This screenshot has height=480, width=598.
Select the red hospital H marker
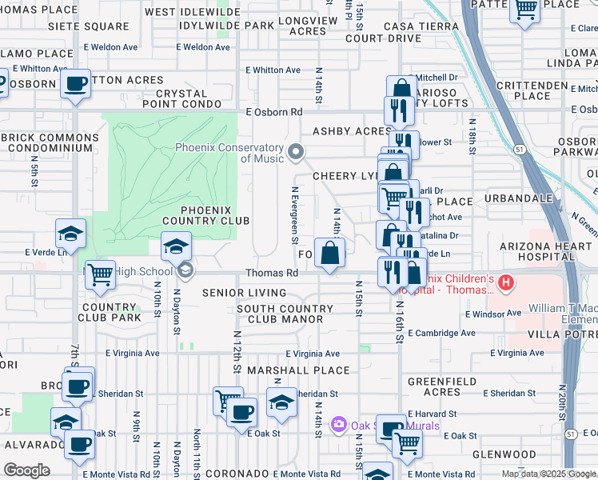[x=505, y=282]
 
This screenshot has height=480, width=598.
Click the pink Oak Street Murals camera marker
[x=339, y=423]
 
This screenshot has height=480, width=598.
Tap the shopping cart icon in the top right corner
[x=525, y=11]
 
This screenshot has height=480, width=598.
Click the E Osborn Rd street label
[x=275, y=113]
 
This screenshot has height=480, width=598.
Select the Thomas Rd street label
[x=272, y=273]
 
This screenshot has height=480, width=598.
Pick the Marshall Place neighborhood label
[x=298, y=370]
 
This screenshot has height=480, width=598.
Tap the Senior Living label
[x=238, y=293]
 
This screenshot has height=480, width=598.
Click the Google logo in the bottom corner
[x=26, y=470]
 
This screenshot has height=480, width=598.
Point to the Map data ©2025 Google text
[x=548, y=474]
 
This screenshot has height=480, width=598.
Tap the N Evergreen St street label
[x=295, y=215]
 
